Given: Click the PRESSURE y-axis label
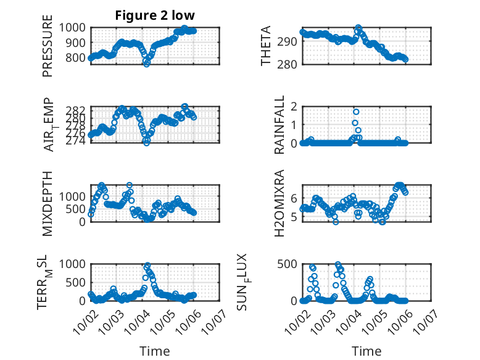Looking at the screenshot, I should (48, 51).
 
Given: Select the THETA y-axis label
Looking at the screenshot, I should (266, 46).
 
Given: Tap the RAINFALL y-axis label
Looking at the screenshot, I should (279, 125).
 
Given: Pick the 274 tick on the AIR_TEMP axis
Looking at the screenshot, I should (80, 141).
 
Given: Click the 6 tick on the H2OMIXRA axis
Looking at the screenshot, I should (294, 198).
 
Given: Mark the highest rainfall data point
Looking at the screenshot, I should (356, 112).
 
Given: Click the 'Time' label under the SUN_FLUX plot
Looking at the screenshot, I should (366, 351).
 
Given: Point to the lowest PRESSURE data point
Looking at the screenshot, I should (147, 64).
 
